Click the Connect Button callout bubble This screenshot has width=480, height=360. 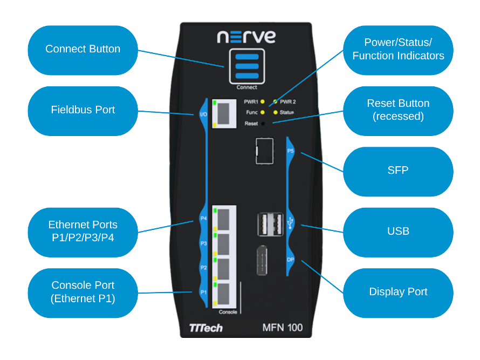(83, 50)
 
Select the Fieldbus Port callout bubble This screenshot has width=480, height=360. (83, 110)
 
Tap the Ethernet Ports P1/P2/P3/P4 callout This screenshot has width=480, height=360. (83, 232)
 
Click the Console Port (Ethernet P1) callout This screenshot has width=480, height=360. (83, 292)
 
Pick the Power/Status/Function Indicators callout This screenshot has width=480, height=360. (398, 50)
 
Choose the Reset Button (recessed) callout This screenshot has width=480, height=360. (398, 110)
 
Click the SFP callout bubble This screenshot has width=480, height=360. (398, 171)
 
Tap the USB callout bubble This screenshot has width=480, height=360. (398, 232)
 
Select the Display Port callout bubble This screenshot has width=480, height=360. (398, 292)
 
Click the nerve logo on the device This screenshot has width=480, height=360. (246, 37)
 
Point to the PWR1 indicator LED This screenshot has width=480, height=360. (262, 101)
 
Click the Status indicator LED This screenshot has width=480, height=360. (276, 112)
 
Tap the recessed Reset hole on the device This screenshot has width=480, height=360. (263, 124)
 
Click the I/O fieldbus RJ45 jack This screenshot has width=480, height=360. (225, 113)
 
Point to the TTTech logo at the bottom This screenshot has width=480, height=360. (206, 328)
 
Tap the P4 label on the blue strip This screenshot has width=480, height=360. (203, 219)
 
